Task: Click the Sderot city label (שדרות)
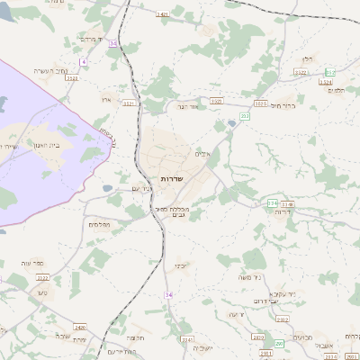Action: click(x=171, y=179)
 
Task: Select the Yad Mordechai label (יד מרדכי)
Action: click(x=93, y=40)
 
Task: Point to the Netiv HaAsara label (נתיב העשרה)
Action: click(x=51, y=70)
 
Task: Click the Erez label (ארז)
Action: click(x=105, y=99)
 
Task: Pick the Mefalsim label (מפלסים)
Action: click(x=99, y=224)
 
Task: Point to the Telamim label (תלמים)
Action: click(x=337, y=90)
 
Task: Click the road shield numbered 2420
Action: click(x=81, y=327)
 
